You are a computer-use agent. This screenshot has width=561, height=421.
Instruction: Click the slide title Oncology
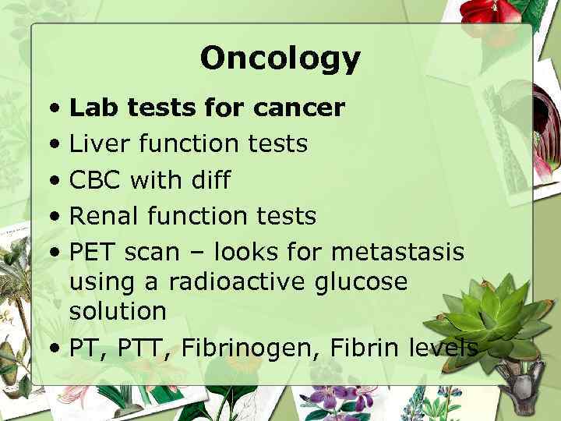pos(280,58)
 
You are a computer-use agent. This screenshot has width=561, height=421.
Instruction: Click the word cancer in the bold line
pos(298,108)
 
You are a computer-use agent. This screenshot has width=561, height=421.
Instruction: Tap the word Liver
pos(95,144)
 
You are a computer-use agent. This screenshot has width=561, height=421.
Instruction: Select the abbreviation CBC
pos(96,180)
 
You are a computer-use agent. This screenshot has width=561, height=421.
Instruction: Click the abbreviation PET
pos(93,252)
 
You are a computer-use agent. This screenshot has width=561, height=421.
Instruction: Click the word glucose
pos(364,282)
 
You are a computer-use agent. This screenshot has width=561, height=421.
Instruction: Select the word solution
pos(118,310)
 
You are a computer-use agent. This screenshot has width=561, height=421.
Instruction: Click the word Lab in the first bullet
pos(90,108)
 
